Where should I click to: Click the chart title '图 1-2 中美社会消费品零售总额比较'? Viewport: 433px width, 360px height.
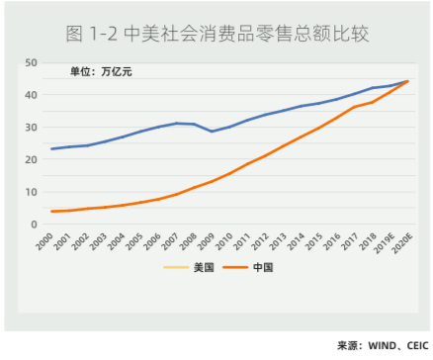[x=216, y=35]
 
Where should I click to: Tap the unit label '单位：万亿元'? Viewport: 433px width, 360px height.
[x=100, y=72]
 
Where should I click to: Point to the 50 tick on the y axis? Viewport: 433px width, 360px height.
[x=31, y=62]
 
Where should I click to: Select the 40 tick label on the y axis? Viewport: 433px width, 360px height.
[x=31, y=95]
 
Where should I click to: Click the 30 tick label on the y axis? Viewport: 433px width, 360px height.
[x=31, y=128]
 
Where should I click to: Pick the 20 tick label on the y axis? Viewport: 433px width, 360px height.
[x=31, y=160]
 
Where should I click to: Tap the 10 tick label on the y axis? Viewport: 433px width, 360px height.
[x=31, y=192]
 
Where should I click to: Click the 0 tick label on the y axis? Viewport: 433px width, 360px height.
[x=34, y=225]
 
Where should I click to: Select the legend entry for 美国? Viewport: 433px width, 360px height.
[x=197, y=267]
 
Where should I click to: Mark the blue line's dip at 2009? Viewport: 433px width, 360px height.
[x=211, y=132]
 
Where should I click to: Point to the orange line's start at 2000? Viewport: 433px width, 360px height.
[x=51, y=212]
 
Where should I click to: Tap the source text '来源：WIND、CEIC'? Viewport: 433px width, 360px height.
[x=381, y=346]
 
